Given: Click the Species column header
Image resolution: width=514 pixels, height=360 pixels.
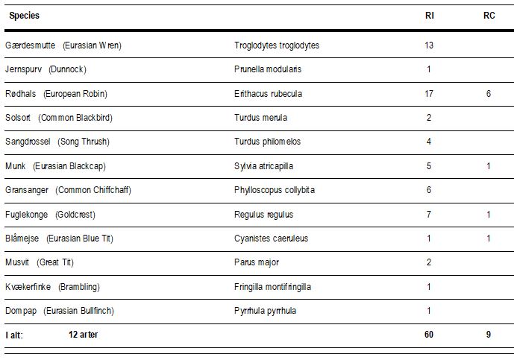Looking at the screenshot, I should (25, 16).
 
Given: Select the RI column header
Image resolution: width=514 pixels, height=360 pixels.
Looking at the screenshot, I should (430, 16).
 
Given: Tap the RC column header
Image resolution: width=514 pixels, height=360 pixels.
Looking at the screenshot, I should (489, 16).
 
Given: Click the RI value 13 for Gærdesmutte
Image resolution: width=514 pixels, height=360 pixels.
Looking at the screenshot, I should (429, 45).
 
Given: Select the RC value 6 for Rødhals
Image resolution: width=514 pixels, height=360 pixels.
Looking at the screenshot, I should (489, 94).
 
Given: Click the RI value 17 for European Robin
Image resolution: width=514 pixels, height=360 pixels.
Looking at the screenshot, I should (429, 94).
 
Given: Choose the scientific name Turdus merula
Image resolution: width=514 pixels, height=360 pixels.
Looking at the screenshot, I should (260, 118).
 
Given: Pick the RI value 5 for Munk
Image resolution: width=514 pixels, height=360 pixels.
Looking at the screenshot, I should (429, 166).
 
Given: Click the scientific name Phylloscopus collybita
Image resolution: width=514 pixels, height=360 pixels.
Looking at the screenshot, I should (275, 190).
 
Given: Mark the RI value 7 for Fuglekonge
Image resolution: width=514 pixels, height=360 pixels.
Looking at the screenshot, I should (429, 215).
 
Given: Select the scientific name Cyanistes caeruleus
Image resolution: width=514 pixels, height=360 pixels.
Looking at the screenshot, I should (271, 239).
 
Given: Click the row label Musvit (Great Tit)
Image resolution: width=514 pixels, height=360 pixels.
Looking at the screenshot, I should (40, 262).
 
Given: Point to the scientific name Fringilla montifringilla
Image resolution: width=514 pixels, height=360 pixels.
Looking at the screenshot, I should (272, 287).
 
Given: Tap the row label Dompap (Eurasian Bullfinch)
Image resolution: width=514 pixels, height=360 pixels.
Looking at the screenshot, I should (60, 311).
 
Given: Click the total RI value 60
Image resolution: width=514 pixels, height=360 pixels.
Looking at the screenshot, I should (429, 335).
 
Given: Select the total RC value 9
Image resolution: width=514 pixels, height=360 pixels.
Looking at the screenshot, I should (489, 335).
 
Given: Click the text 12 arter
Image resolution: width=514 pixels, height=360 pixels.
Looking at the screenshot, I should (83, 335).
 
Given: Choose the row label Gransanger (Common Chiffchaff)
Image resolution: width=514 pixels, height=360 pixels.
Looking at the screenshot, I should (68, 190).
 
